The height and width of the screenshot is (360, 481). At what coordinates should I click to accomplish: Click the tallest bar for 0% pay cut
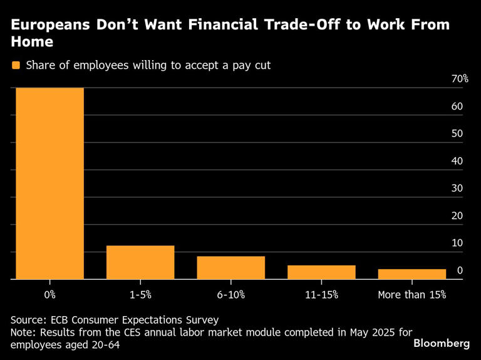point(50,183)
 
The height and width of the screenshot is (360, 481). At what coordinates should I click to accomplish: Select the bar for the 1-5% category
point(140,262)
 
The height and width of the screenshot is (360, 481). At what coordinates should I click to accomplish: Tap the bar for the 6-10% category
point(230,267)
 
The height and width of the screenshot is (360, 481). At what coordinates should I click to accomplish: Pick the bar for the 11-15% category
point(321,272)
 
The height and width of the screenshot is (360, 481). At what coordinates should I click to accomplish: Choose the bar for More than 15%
point(411,274)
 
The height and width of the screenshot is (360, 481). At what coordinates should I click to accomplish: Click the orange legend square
point(16,65)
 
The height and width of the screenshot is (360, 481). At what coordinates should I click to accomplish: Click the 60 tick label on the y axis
point(457,106)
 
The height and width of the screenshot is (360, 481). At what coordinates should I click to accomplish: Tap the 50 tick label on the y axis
point(457,134)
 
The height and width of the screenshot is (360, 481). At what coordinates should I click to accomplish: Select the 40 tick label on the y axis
point(457,161)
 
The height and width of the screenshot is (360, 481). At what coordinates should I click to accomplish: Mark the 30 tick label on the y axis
point(457,188)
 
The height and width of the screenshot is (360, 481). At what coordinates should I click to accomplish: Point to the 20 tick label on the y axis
point(457,216)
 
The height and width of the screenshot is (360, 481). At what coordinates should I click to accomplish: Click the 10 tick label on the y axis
point(457,243)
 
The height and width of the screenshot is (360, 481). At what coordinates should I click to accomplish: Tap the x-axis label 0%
point(50,294)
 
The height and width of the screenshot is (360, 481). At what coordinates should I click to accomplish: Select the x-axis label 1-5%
point(140,294)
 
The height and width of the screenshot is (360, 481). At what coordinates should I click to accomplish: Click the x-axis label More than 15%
point(411,294)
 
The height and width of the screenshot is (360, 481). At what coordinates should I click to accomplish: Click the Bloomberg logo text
point(442,344)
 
